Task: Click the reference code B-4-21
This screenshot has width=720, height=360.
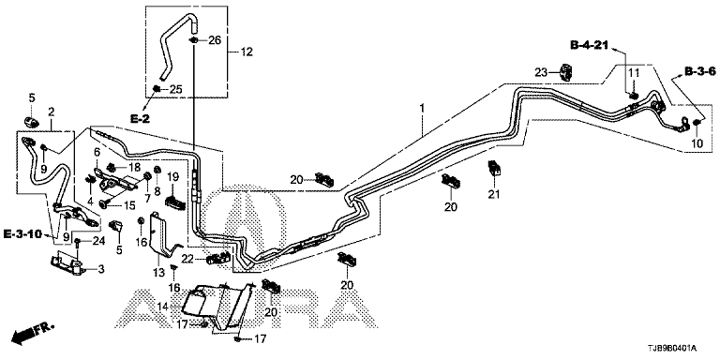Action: click(589, 45)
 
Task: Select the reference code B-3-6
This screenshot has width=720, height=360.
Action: click(700, 71)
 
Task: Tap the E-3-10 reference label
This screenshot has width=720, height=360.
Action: click(22, 234)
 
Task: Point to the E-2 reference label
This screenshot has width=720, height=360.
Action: click(140, 119)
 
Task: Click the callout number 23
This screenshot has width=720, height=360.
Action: click(541, 71)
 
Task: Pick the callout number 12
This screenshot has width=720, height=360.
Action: click(247, 52)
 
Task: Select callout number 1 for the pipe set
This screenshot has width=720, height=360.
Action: click(422, 109)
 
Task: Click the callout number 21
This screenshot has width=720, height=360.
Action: click(493, 195)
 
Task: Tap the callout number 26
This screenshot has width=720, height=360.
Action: click(215, 40)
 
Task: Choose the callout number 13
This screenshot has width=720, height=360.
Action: click(158, 273)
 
